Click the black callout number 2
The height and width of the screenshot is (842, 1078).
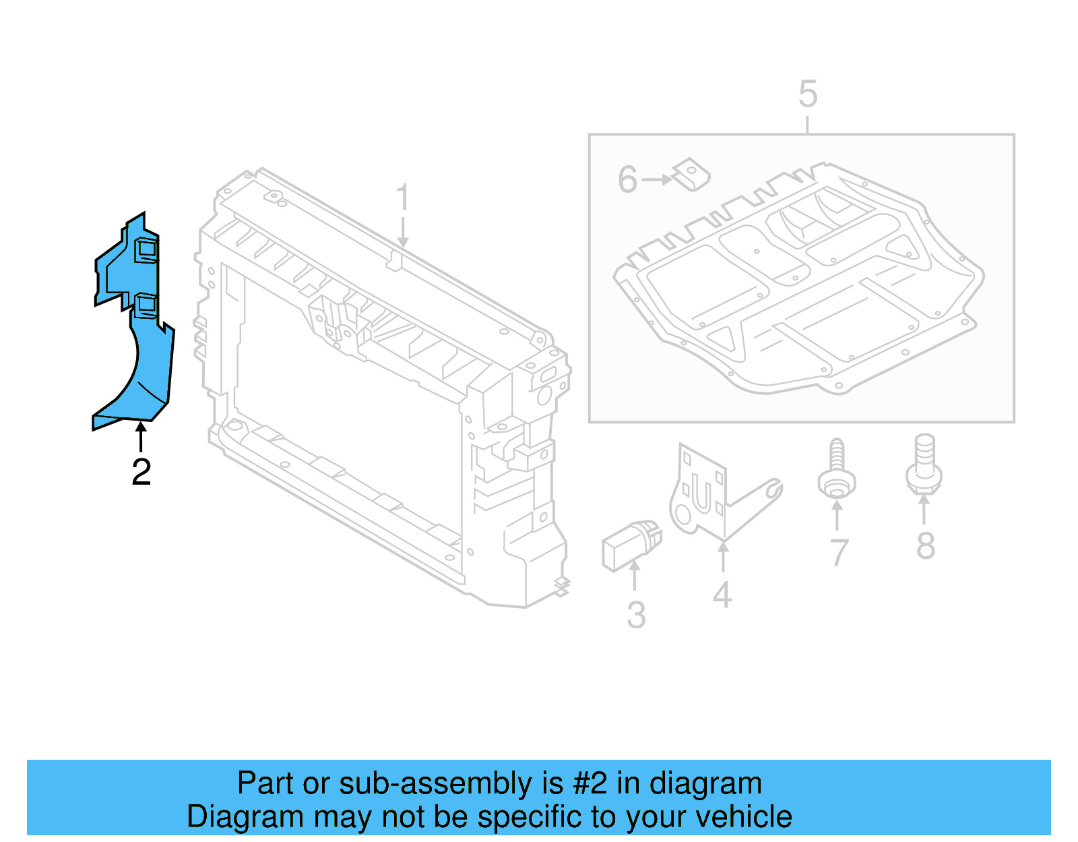pyautogui.click(x=141, y=472)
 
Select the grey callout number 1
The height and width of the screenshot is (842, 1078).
pyautogui.click(x=402, y=198)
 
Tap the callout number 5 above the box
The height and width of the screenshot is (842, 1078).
pyautogui.click(x=807, y=94)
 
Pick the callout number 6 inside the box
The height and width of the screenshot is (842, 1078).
pyautogui.click(x=627, y=180)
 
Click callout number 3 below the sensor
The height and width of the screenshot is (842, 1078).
pyautogui.click(x=635, y=615)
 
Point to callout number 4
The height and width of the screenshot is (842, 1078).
pyautogui.click(x=722, y=595)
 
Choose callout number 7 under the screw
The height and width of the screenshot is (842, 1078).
pyautogui.click(x=838, y=553)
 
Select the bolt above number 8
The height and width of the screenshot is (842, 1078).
pyautogui.click(x=924, y=465)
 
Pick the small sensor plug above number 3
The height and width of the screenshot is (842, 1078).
pyautogui.click(x=630, y=544)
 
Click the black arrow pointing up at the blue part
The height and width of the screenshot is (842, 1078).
pyautogui.click(x=141, y=436)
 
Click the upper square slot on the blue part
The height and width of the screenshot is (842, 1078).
pyautogui.click(x=146, y=249)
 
